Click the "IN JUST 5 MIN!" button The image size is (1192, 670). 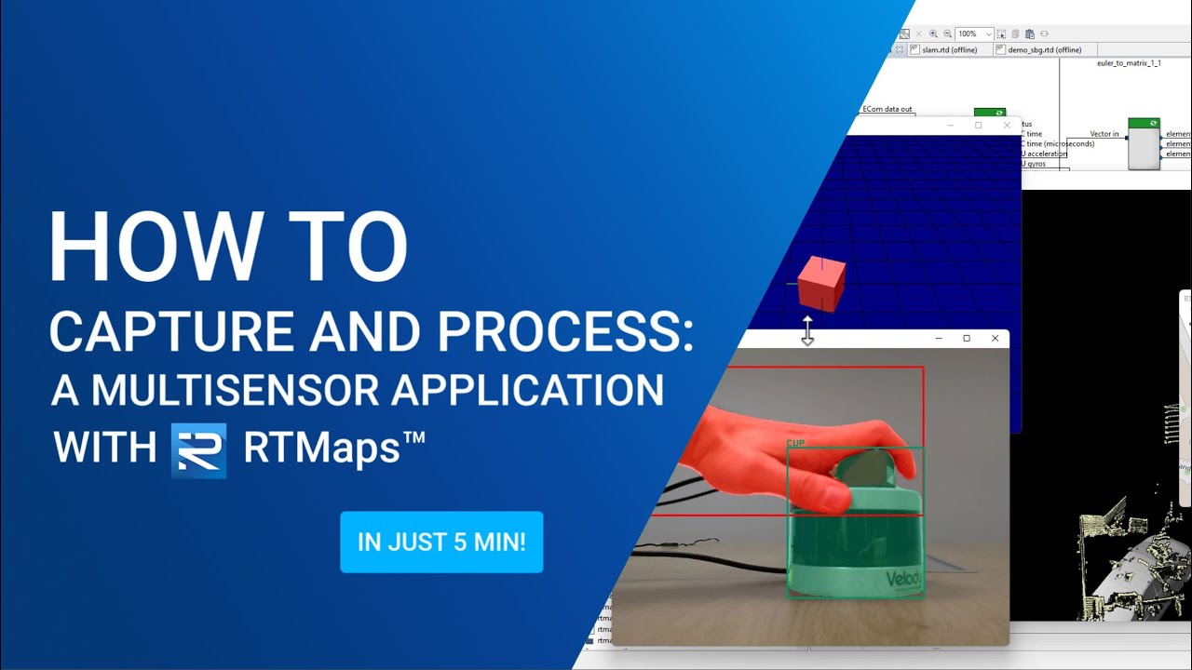click(441, 542)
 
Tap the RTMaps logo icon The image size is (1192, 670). click(198, 450)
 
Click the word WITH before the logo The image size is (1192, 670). click(104, 448)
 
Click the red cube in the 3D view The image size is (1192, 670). click(821, 284)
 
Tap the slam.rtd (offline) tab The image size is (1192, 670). click(948, 50)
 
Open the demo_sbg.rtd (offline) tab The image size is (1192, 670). click(1044, 50)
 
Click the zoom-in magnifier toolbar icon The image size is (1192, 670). click(933, 33)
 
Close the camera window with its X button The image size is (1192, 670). click(996, 339)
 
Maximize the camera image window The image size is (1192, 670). click(967, 339)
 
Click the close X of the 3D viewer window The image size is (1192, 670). click(1007, 125)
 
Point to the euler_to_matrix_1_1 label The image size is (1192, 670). click(1129, 63)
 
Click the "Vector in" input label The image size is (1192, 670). click(1104, 134)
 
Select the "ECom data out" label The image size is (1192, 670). click(887, 110)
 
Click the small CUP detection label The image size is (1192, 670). click(795, 443)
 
